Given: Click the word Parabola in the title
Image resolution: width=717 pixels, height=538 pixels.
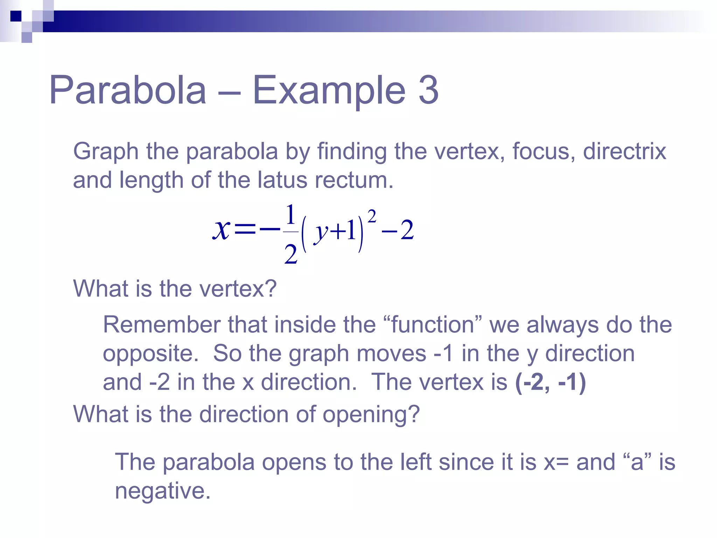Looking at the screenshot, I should click(x=128, y=90).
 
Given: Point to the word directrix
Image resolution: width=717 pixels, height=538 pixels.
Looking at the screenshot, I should click(x=624, y=151).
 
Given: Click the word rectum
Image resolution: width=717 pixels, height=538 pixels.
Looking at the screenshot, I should click(x=354, y=180).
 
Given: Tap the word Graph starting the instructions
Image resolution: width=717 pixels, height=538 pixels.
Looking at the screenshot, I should click(x=106, y=152).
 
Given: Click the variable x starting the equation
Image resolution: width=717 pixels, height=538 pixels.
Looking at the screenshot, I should click(x=221, y=230).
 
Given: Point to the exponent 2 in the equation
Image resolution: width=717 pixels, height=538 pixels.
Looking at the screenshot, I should click(x=372, y=216).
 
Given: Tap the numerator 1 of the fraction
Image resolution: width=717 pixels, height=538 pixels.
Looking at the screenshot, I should click(x=290, y=214).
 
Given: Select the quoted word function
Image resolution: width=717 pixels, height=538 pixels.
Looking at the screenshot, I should click(x=432, y=325).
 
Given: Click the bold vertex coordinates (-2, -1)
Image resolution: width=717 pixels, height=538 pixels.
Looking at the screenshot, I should click(x=550, y=382).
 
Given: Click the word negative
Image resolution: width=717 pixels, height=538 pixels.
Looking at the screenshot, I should click(x=163, y=491).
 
